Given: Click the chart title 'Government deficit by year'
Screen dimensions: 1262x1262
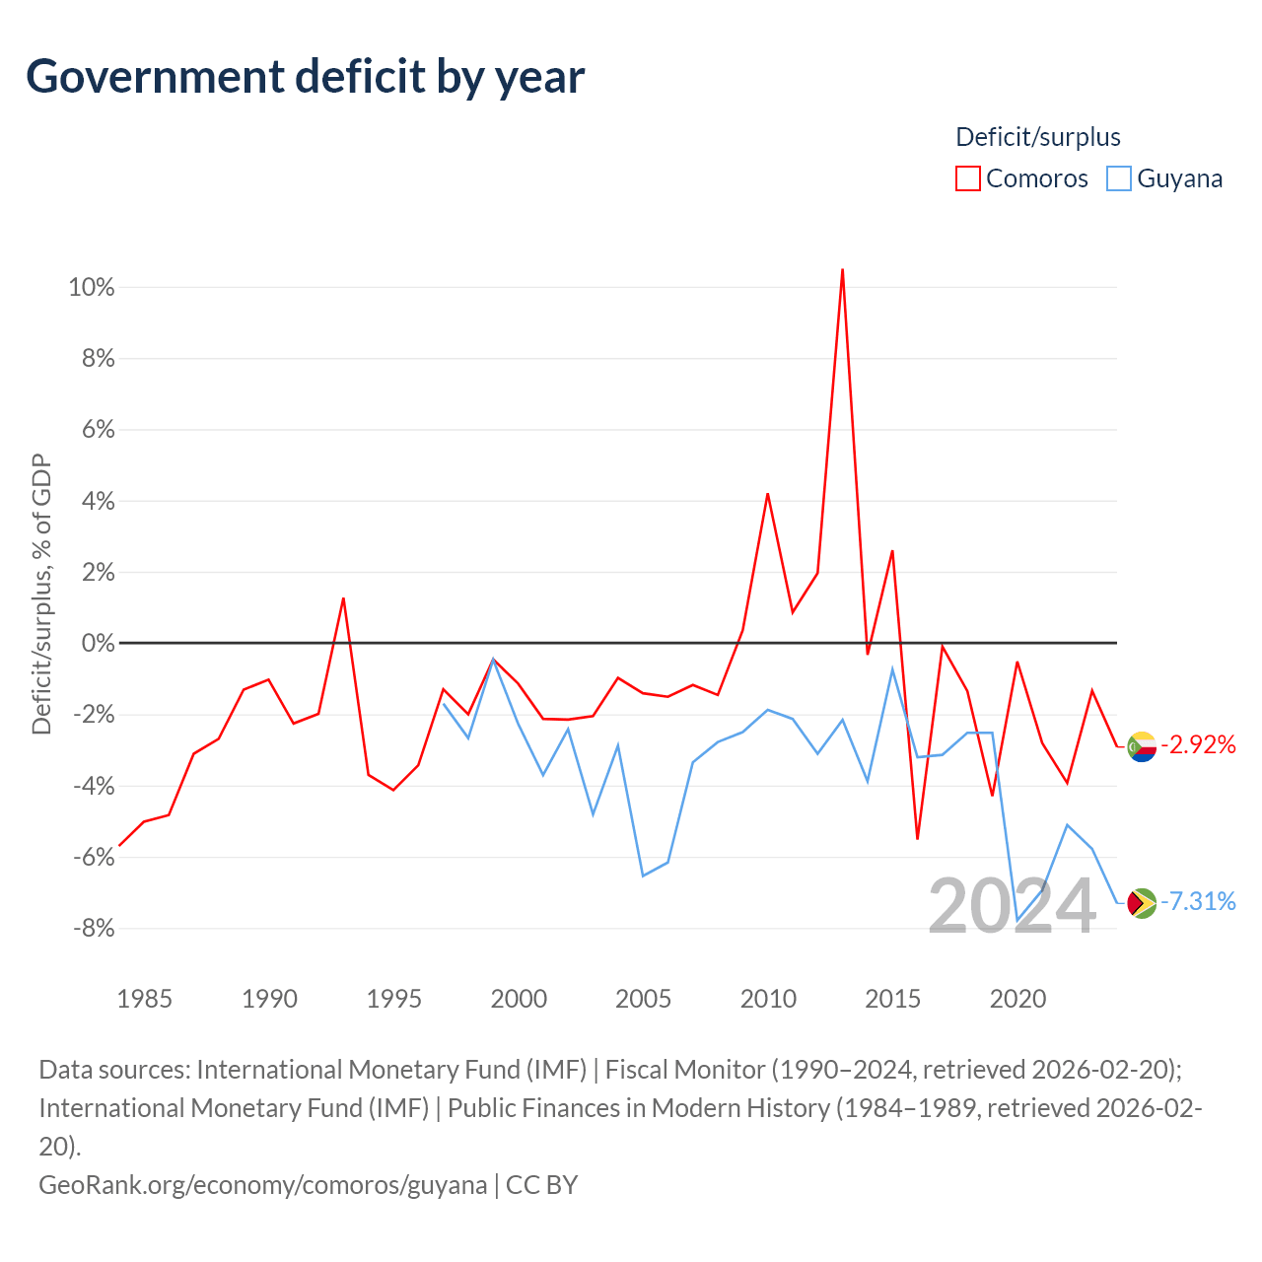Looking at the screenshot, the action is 305,77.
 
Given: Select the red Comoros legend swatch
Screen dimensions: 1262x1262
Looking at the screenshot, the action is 967,178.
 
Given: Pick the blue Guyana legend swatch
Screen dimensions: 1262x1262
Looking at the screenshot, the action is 1119,178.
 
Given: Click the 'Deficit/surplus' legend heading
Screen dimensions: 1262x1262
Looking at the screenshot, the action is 1037,137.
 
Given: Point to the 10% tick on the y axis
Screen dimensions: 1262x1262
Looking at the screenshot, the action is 91,287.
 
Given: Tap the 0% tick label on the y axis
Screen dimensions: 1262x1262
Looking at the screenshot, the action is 98,643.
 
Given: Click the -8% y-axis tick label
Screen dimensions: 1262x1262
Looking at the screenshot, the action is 94,928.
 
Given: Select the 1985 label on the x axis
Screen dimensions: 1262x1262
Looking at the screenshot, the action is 144,999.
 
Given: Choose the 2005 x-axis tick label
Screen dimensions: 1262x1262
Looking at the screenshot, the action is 643,999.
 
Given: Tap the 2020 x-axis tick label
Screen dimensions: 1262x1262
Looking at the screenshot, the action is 1017,999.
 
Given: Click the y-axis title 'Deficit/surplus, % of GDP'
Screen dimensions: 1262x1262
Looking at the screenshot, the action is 41,594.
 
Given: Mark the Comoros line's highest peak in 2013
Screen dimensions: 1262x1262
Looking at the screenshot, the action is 842,269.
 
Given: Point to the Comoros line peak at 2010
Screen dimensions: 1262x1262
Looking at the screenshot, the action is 767,494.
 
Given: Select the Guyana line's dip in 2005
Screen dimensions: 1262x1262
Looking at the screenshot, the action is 643,876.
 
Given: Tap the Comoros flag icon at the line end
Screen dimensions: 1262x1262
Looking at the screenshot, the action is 1142,746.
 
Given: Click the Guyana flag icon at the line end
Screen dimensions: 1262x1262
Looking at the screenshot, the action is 1142,903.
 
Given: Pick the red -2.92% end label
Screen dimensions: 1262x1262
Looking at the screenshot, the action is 1198,745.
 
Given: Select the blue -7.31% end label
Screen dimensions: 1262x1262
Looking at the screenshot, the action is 1198,902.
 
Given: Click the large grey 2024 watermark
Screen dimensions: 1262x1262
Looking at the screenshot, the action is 1012,906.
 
